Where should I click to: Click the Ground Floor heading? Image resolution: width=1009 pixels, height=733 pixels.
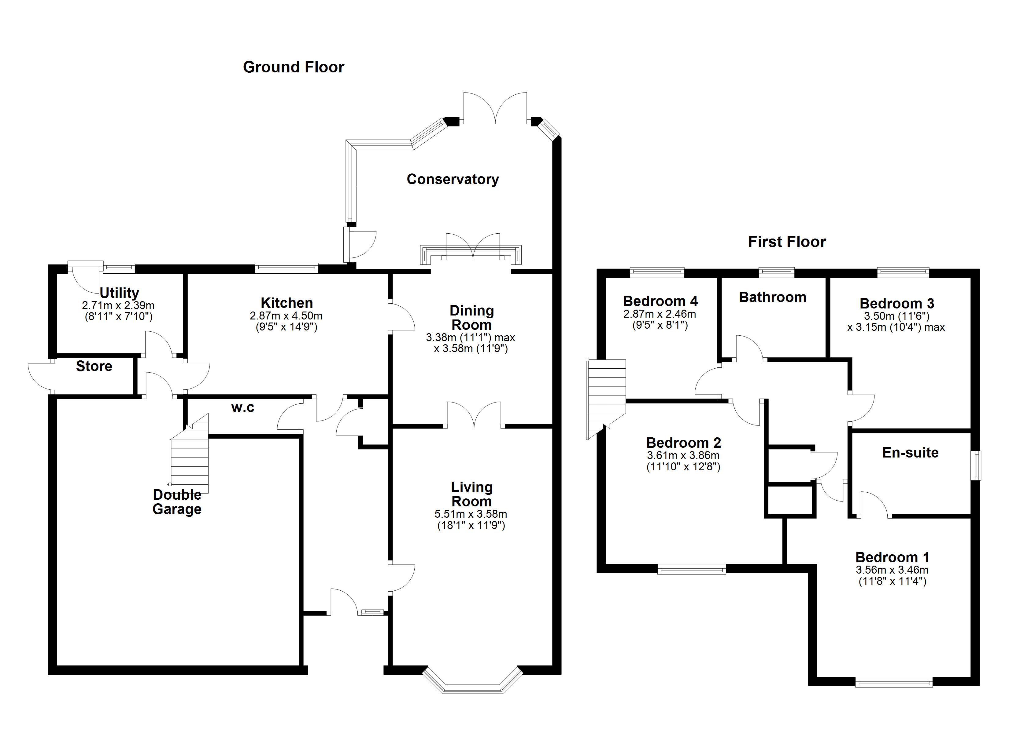click(293, 67)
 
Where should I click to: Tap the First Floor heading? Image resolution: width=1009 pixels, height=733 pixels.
click(786, 242)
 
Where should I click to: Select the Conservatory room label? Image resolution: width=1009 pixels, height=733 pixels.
click(453, 179)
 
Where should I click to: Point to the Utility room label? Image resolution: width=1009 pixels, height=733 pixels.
click(119, 293)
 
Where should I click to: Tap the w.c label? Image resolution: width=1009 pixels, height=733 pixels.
click(242, 408)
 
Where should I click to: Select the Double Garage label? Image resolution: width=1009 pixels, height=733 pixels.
click(177, 502)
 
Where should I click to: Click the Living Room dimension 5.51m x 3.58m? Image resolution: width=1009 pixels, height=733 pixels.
click(471, 514)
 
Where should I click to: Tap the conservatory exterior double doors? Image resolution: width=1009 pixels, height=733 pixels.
click(495, 107)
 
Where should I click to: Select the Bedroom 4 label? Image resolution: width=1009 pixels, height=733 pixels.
click(660, 301)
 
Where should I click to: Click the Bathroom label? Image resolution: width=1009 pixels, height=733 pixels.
click(772, 297)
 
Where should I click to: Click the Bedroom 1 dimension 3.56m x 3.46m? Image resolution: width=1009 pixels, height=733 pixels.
click(892, 570)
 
